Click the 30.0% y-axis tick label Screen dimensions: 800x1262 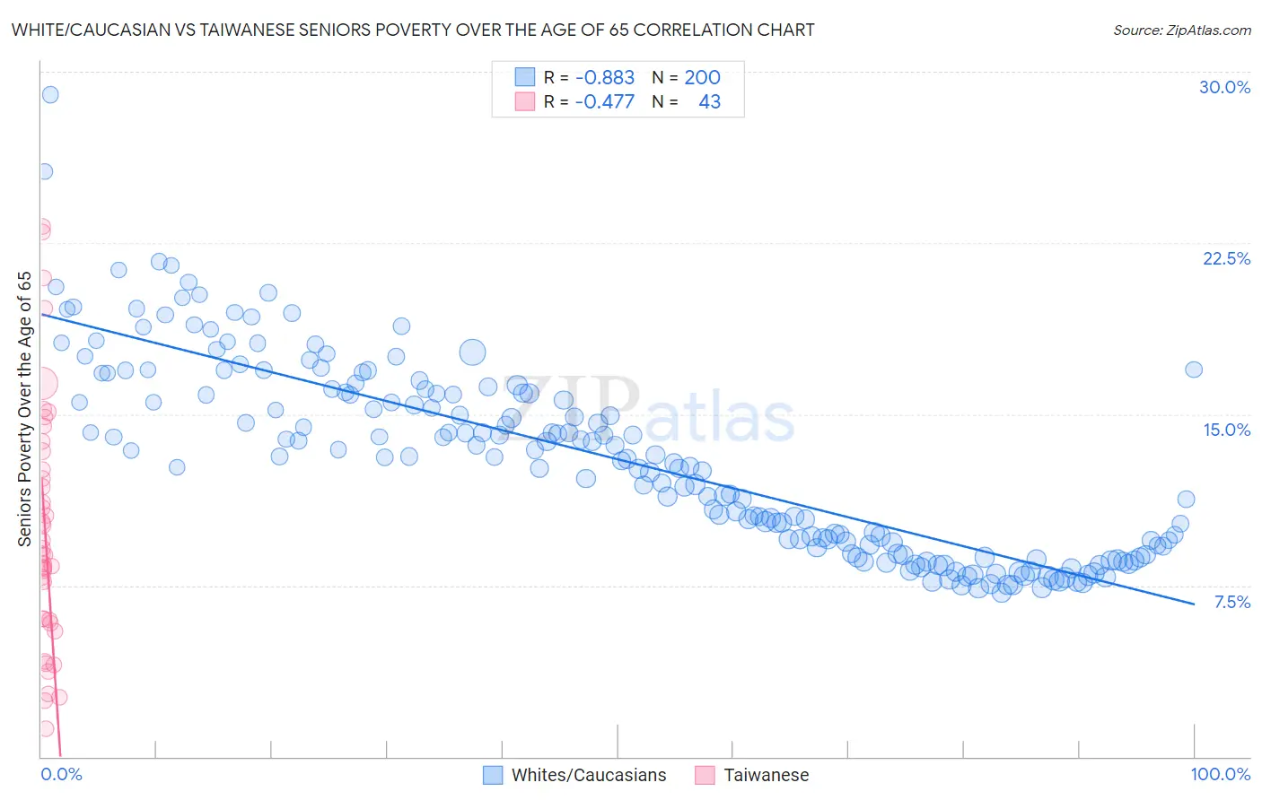pos(1224,87)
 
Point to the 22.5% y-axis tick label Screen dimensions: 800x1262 pos(1226,258)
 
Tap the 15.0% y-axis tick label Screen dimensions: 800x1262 pos(1226,430)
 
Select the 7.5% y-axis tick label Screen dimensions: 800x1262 pos(1231,602)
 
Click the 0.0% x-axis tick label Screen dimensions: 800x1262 pos(61,774)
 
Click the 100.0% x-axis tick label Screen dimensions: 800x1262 pos(1220,774)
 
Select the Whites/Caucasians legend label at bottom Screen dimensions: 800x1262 pos(589,775)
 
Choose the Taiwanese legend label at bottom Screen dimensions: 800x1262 pos(766,775)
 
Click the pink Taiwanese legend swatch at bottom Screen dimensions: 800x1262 pos(705,775)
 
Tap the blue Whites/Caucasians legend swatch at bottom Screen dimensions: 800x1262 pos(493,775)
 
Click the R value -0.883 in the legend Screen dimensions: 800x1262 pos(605,78)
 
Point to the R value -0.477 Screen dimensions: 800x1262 pos(605,102)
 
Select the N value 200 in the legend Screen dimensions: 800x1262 pos(702,78)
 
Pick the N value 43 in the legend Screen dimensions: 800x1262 pos(709,102)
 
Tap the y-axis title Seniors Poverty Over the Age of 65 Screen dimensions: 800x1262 pos(24,408)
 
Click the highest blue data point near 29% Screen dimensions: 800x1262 pos(50,94)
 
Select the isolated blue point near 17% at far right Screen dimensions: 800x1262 pos(1193,370)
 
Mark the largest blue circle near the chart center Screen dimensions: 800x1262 pos(472,352)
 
